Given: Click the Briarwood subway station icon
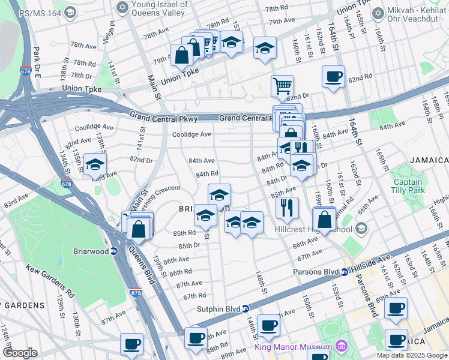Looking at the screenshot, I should [x=113, y=251].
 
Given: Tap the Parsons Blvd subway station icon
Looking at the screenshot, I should [x=345, y=272].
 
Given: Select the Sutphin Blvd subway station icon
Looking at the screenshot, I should [x=245, y=309].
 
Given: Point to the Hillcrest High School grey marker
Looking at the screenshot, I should [x=361, y=229].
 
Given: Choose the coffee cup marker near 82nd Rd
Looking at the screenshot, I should [x=333, y=77].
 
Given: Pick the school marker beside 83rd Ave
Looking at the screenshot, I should [x=95, y=164].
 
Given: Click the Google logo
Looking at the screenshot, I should [x=20, y=353].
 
